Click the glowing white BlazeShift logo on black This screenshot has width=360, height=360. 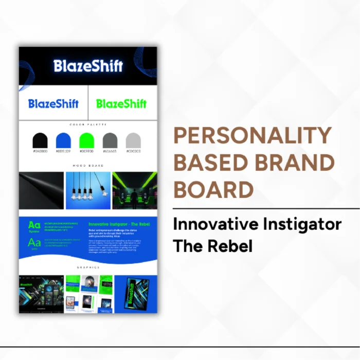(x=88, y=66)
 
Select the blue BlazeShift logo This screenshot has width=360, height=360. (x=53, y=104)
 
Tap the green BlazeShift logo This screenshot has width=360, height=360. (x=121, y=104)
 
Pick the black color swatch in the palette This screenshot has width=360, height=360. (x=40, y=140)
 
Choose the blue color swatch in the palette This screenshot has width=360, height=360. (x=63, y=140)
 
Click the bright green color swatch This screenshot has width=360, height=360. (x=87, y=140)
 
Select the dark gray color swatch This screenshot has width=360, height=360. (x=110, y=140)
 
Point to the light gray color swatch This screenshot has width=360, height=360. (x=133, y=140)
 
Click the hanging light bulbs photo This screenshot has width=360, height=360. (x=88, y=190)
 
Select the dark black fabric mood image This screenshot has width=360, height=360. (x=42, y=190)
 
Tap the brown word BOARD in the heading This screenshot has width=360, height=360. (x=213, y=189)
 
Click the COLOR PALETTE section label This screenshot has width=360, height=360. (x=88, y=124)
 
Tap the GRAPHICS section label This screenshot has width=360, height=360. (x=88, y=267)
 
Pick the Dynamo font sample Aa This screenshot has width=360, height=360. (x=34, y=225)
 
